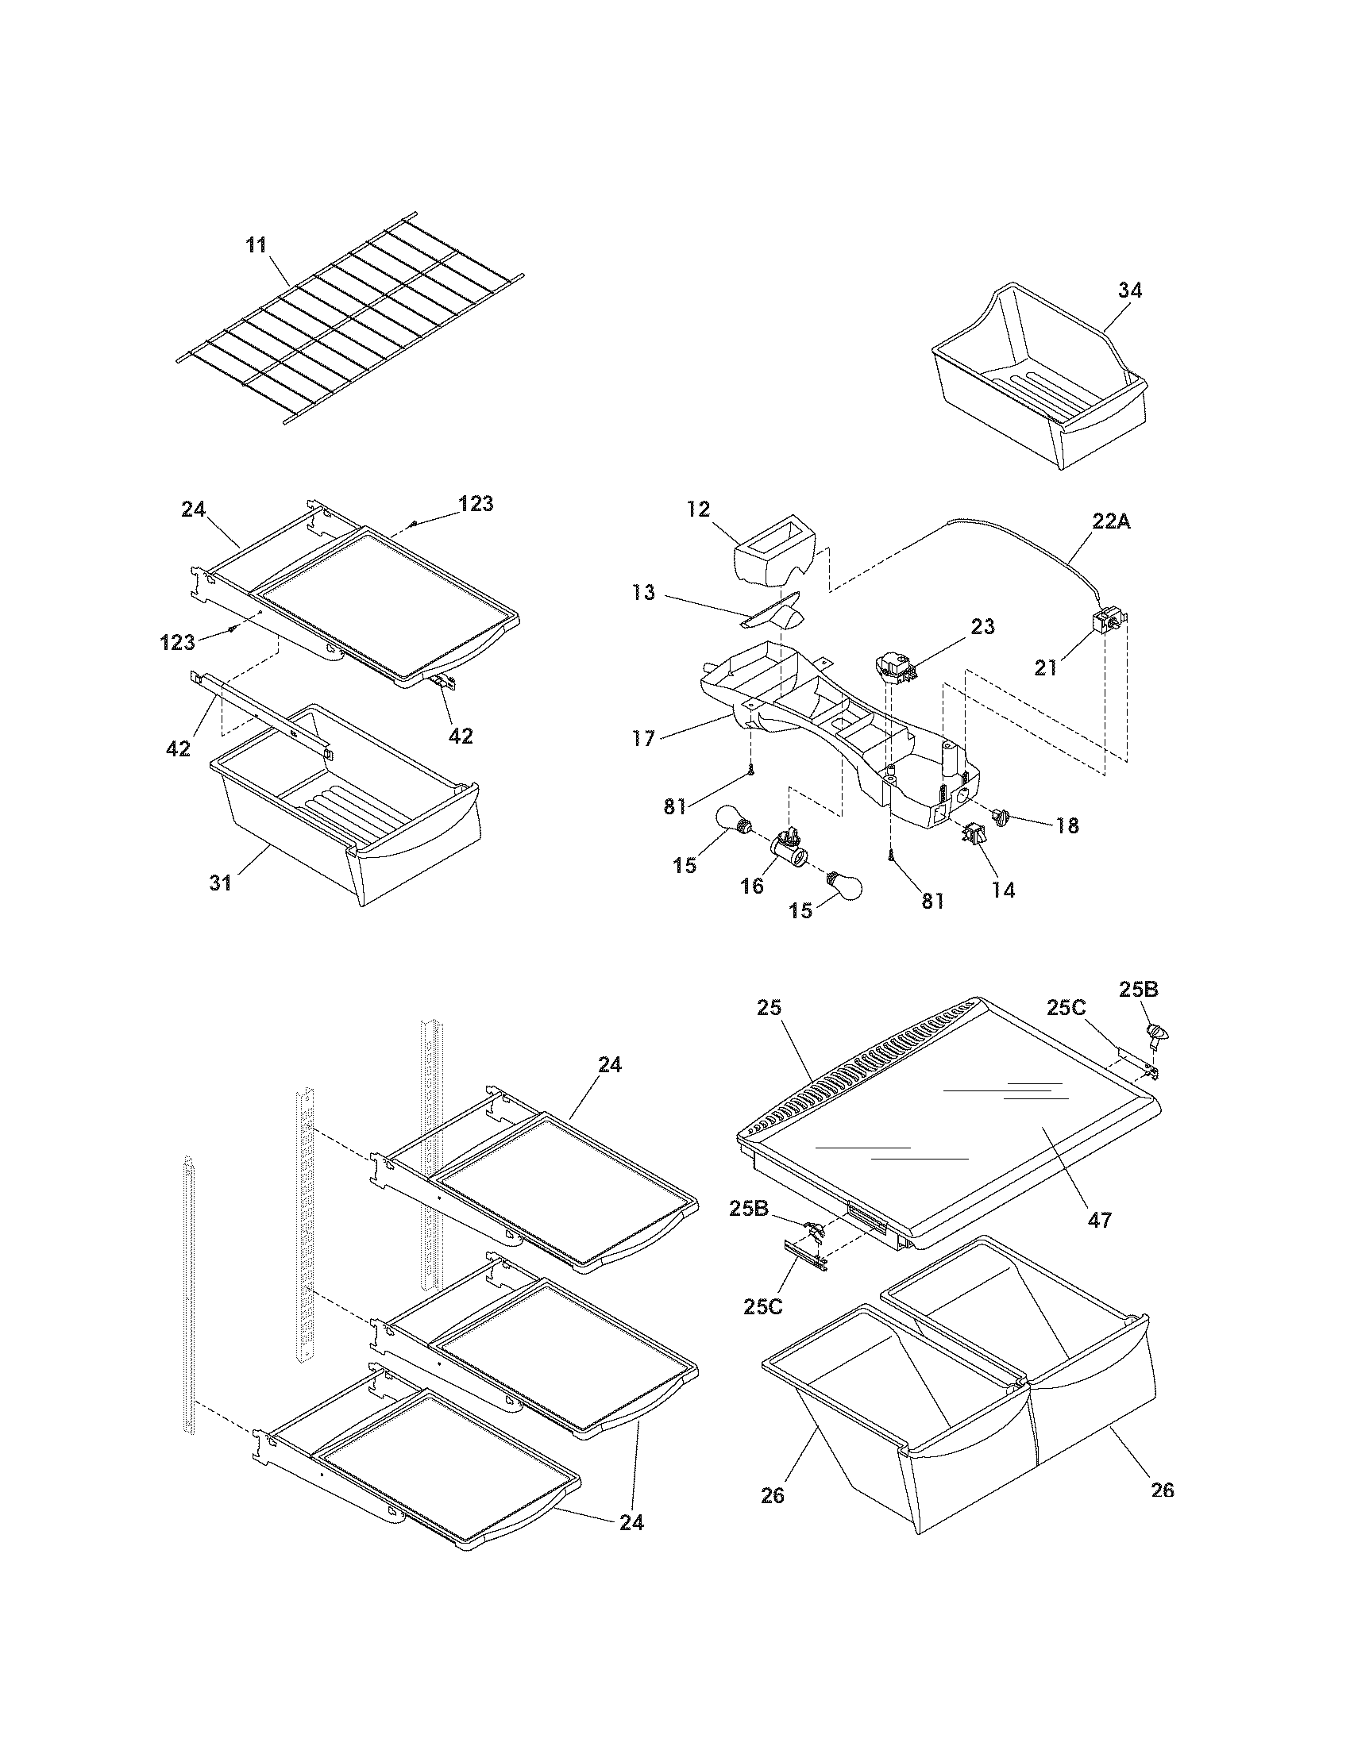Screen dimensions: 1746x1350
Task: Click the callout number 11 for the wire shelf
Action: point(256,244)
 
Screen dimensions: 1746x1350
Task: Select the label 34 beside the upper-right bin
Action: point(1129,290)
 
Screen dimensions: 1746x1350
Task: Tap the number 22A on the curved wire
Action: point(1111,521)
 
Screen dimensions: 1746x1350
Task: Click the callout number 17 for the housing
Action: point(644,737)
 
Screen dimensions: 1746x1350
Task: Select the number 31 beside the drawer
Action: point(222,883)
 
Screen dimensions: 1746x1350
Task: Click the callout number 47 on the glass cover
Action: point(1100,1220)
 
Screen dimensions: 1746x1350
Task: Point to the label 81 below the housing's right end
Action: point(932,901)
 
